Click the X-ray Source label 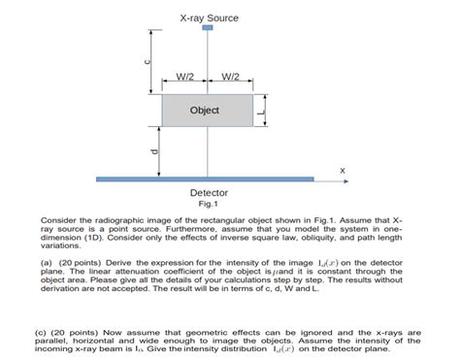[209, 17]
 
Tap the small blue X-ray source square [208, 29]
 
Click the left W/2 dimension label [185, 78]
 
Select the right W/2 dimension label [232, 78]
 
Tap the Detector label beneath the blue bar [209, 193]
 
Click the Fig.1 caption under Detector [209, 204]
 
